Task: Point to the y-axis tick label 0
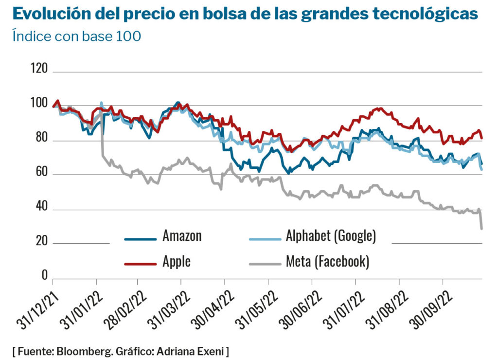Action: [x=44, y=276]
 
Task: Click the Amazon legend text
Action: [x=182, y=237]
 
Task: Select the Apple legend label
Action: [x=177, y=261]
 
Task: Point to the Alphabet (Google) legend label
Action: [x=330, y=237]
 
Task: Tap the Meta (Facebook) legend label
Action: [x=327, y=262]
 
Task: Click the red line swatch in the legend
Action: [x=141, y=263]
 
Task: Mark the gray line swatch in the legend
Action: [x=265, y=263]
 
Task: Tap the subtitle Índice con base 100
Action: [x=76, y=36]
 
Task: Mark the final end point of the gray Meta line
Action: [x=481, y=228]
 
